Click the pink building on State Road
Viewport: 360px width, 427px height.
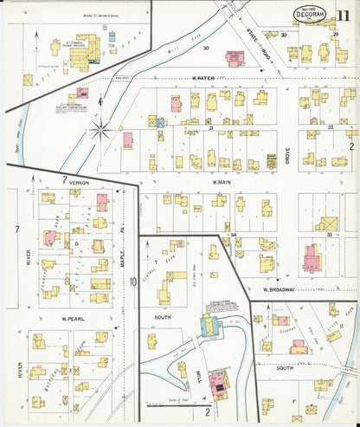point(235,57)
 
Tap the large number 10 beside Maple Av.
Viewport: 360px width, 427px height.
point(133,281)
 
